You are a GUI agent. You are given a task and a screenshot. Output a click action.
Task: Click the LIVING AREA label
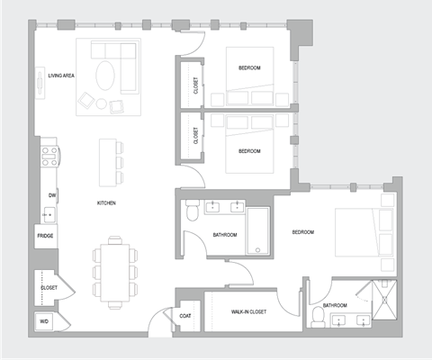[x=61, y=76]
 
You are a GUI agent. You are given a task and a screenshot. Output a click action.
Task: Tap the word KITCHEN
[x=106, y=203]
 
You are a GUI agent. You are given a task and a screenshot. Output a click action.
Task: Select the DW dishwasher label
[x=51, y=194]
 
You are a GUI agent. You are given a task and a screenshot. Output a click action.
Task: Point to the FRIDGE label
[x=45, y=236]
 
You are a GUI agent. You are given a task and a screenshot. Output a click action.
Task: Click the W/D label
[x=43, y=321]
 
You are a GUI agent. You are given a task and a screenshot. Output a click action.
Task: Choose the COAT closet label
[x=186, y=315]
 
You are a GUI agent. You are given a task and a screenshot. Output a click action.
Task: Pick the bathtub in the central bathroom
[x=257, y=230]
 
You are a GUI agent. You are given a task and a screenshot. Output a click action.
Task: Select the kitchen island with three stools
[x=109, y=158]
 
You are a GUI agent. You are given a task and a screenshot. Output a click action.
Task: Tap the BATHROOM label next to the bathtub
[x=224, y=235]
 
